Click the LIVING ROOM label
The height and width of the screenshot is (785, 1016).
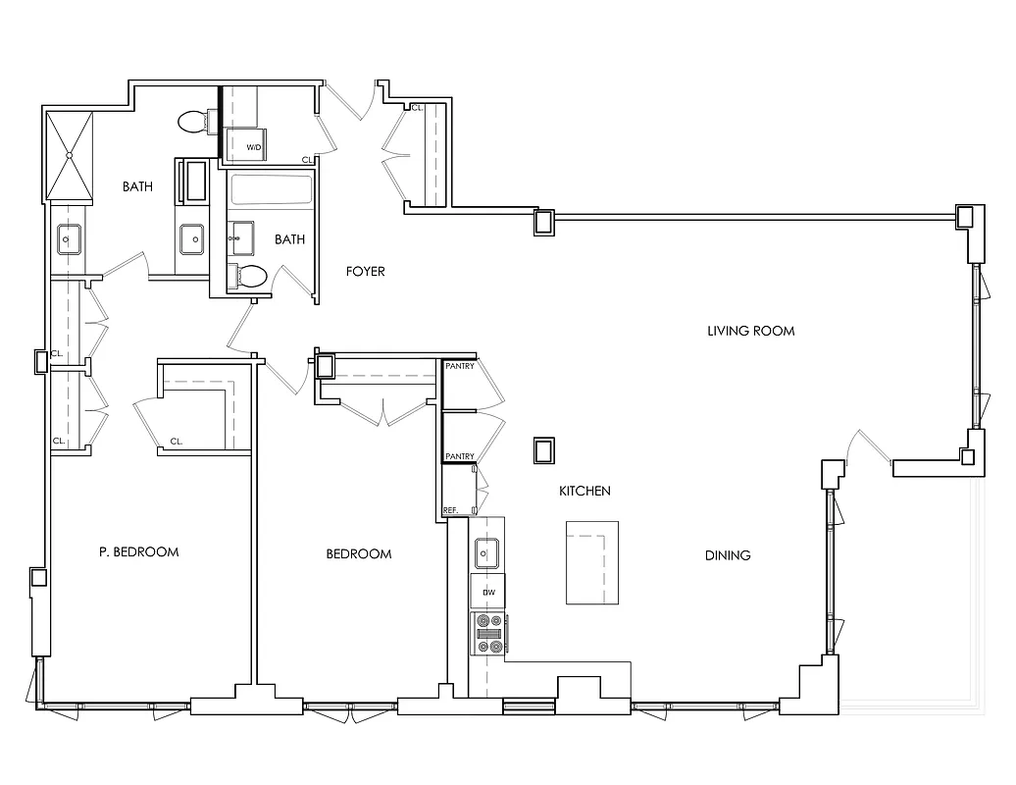(x=750, y=331)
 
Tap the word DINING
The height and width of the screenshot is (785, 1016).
(x=728, y=555)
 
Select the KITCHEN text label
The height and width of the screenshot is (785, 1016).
(x=584, y=491)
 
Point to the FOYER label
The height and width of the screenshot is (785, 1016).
(x=365, y=272)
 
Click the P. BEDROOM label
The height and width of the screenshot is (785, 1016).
(x=139, y=551)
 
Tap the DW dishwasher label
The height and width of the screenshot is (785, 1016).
(x=487, y=592)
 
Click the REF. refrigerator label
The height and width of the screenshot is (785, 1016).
(x=452, y=510)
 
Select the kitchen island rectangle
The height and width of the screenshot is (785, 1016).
(x=592, y=563)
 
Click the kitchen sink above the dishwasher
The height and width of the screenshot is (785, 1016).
(x=487, y=554)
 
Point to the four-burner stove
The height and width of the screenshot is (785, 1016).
(x=487, y=633)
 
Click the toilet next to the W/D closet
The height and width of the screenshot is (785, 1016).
(x=197, y=122)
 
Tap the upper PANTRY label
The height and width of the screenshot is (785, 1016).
(x=460, y=367)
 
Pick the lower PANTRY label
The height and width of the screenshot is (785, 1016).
(x=460, y=456)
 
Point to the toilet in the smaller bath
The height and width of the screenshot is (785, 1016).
(x=249, y=277)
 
